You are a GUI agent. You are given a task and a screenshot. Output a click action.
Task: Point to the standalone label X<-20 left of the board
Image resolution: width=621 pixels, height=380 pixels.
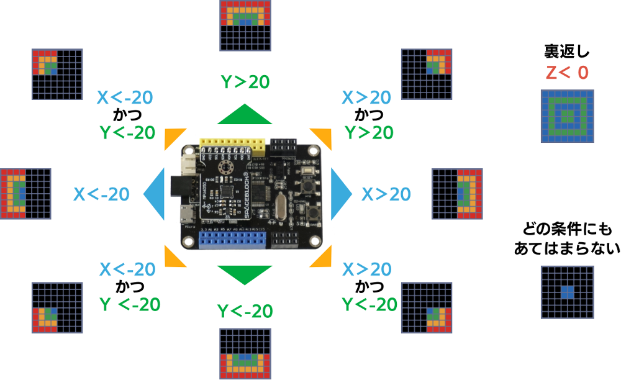pyautogui.click(x=101, y=194)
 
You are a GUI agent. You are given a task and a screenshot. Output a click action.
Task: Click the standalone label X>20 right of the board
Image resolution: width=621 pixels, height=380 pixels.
pyautogui.click(x=386, y=194)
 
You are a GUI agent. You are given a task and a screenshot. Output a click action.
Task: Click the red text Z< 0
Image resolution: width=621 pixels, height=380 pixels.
pyautogui.click(x=567, y=73)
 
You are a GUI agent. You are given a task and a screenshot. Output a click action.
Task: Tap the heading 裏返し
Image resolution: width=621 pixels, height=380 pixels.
pyautogui.click(x=567, y=52)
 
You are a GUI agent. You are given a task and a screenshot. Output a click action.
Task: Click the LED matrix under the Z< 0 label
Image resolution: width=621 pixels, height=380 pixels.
pyautogui.click(x=567, y=116)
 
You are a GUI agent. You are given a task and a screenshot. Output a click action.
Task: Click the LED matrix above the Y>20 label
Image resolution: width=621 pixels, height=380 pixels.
pyautogui.click(x=246, y=25)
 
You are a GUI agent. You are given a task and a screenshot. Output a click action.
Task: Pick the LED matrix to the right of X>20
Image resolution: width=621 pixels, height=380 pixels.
pyautogui.click(x=457, y=193)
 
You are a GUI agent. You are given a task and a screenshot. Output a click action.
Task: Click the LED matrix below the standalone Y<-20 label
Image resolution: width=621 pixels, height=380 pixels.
pyautogui.click(x=246, y=353)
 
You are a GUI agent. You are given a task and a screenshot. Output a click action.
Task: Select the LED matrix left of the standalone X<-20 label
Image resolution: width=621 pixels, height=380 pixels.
pyautogui.click(x=25, y=193)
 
